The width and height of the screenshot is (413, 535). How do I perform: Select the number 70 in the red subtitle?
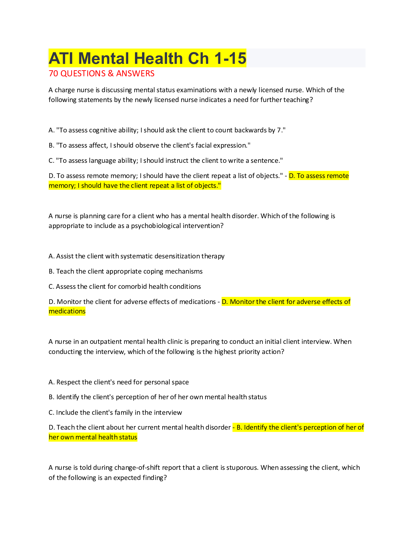pos(53,74)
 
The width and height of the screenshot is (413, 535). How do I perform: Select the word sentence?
pos(266,161)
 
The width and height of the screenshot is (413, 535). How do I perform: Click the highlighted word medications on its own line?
pos(67,311)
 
